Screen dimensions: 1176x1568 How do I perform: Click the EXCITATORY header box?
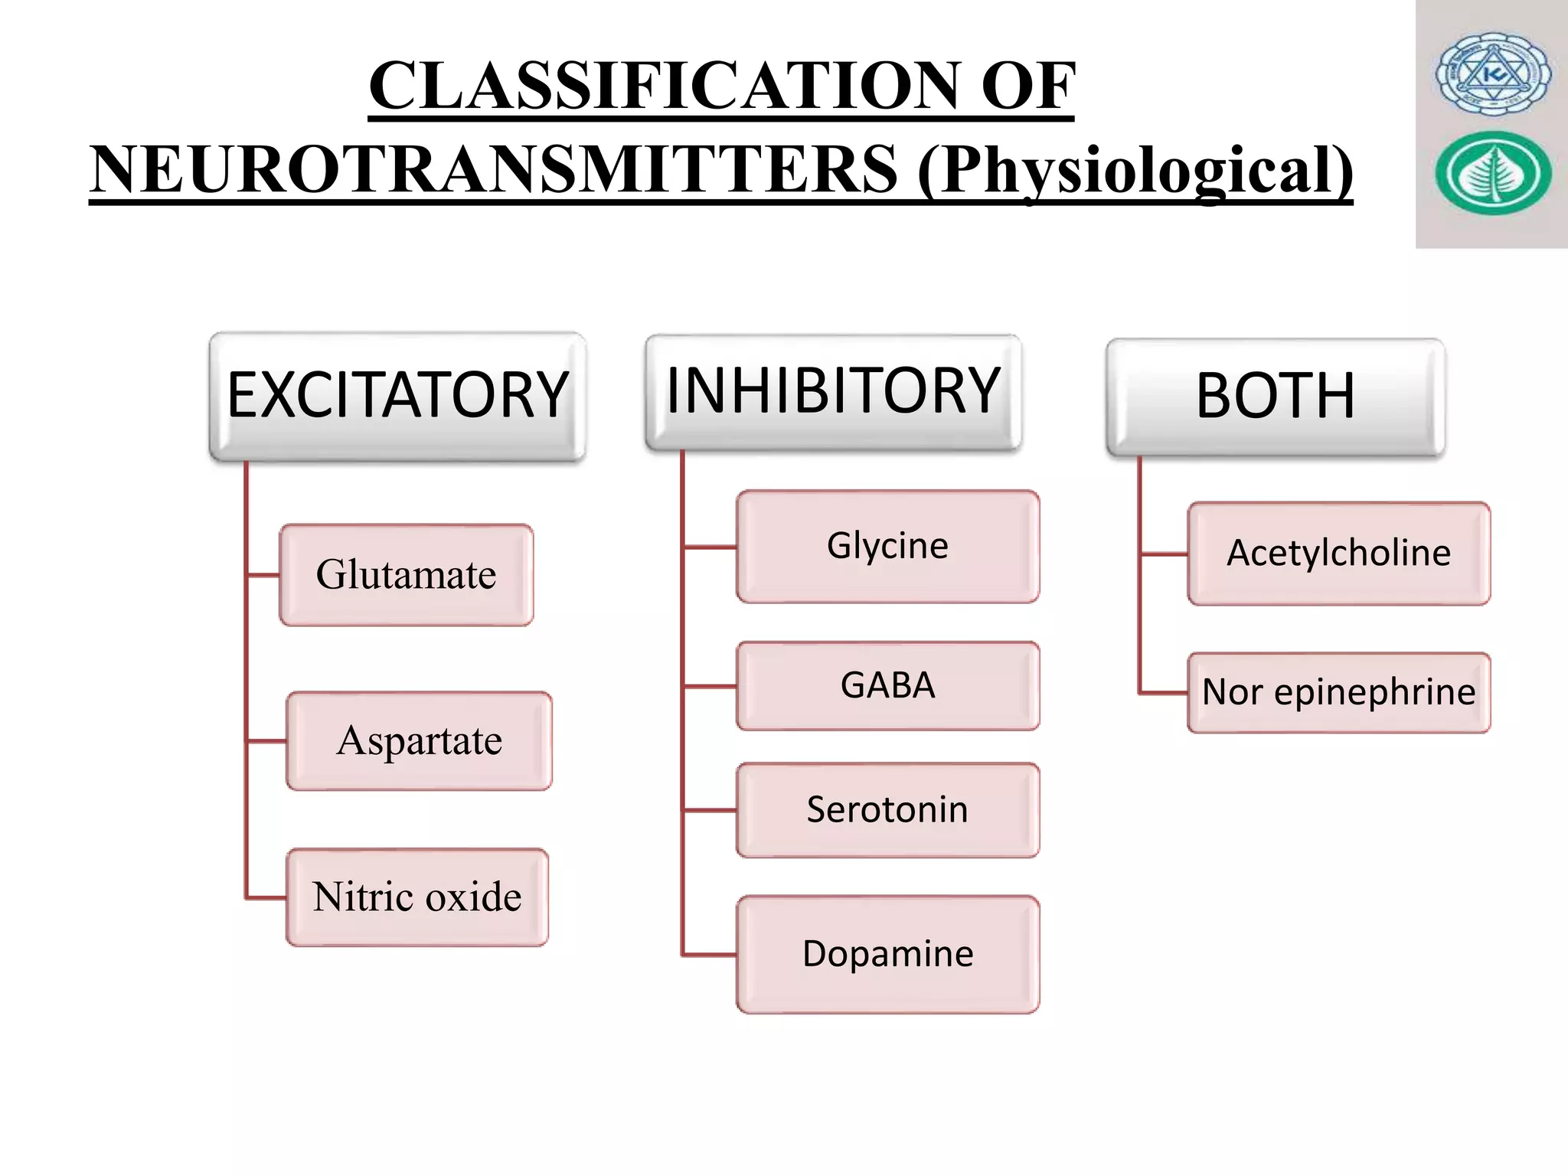point(397,396)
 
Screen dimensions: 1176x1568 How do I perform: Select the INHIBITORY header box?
point(833,391)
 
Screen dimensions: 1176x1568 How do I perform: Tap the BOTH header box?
point(1276,397)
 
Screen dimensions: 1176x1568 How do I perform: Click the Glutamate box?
point(406,575)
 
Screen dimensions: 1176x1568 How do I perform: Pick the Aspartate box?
point(419,741)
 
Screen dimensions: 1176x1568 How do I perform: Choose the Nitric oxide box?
point(417,897)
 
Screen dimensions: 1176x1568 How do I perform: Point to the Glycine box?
point(887,547)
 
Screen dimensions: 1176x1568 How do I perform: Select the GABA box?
point(887,686)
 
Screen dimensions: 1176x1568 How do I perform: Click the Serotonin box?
point(887,810)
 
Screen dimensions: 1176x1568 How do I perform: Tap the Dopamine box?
point(887,955)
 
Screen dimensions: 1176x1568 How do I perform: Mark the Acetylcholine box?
point(1338,554)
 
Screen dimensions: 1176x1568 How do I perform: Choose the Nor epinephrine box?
point(1338,693)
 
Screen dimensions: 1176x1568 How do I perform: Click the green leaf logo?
point(1493,173)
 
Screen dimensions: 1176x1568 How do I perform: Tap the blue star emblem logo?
point(1493,74)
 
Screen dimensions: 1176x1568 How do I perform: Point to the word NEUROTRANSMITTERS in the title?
point(494,170)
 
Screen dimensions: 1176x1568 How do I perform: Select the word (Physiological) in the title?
point(1135,170)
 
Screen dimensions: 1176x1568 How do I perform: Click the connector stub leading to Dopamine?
point(710,955)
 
